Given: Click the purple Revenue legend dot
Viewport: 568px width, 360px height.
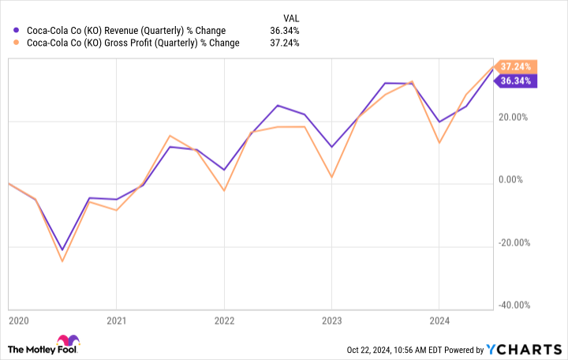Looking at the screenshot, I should (17, 31).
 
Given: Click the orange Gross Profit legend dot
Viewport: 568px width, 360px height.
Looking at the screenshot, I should (17, 43).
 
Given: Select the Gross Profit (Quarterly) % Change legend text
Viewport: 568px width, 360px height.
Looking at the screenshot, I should (132, 43).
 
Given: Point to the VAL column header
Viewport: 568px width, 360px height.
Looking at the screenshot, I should (291, 17).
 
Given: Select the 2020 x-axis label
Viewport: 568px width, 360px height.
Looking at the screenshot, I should (18, 321).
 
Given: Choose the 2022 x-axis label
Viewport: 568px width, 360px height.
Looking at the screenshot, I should (224, 321).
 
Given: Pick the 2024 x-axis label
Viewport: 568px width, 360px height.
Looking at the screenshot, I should (439, 321).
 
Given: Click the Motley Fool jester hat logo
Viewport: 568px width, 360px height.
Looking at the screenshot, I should (68, 348).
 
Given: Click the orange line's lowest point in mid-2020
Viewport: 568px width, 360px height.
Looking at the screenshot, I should (62, 261).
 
